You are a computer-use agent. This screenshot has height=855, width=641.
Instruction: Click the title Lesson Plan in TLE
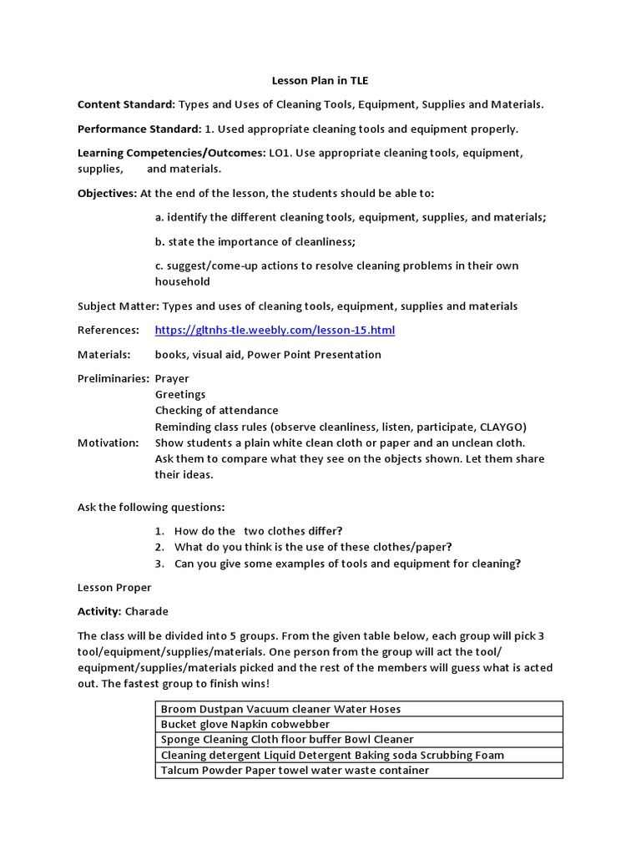(320, 81)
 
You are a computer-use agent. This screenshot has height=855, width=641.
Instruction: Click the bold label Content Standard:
(126, 105)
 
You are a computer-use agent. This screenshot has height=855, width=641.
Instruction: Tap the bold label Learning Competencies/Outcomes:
(171, 154)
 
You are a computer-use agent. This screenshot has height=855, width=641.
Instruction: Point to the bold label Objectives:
(107, 193)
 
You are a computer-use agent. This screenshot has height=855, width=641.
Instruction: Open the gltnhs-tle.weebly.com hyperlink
(275, 331)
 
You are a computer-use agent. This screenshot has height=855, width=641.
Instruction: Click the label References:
(109, 331)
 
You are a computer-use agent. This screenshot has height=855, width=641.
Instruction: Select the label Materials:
(104, 355)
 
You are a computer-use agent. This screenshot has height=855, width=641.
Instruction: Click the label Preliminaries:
(114, 379)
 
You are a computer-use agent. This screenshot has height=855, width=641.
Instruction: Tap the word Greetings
(180, 395)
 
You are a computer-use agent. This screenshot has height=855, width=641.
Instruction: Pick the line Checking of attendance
(216, 411)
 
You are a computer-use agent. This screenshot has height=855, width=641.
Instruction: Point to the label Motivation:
(108, 443)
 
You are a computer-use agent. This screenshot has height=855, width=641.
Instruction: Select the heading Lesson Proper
(114, 588)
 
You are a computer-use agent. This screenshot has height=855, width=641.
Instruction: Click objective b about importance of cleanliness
(255, 242)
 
